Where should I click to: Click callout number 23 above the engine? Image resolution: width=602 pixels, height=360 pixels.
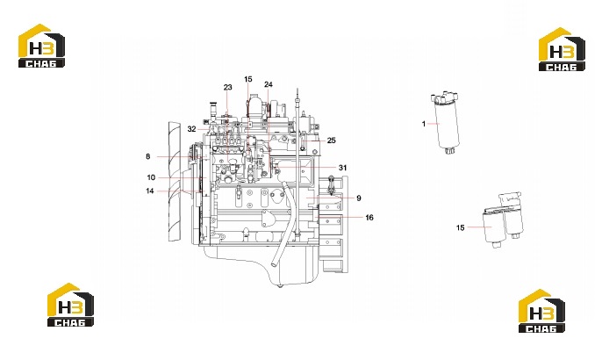pyautogui.click(x=227, y=87)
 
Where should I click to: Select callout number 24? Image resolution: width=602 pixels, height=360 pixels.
pyautogui.click(x=269, y=84)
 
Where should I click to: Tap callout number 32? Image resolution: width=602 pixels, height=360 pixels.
pyautogui.click(x=191, y=129)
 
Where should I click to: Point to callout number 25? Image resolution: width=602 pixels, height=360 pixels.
pyautogui.click(x=332, y=140)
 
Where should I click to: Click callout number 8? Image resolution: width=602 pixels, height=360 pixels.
pyautogui.click(x=147, y=156)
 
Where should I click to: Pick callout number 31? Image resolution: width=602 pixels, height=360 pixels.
pyautogui.click(x=342, y=168)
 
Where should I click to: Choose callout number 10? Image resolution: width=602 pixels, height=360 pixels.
pyautogui.click(x=151, y=177)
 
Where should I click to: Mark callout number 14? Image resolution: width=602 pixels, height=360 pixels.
pyautogui.click(x=150, y=191)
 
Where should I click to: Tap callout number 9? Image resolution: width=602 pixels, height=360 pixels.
pyautogui.click(x=359, y=198)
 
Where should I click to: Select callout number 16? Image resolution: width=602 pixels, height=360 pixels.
pyautogui.click(x=369, y=218)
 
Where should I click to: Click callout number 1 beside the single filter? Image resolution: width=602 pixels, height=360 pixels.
pyautogui.click(x=424, y=124)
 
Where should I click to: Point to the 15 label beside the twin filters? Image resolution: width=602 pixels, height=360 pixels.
pyautogui.click(x=460, y=227)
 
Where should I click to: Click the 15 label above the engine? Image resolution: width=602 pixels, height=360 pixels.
pyautogui.click(x=248, y=79)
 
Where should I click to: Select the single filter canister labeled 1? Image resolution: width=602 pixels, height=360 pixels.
pyautogui.click(x=447, y=123)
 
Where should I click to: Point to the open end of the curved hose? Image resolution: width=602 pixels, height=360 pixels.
pyautogui.click(x=275, y=263)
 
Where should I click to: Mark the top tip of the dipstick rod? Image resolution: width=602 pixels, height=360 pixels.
pyautogui.click(x=297, y=90)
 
